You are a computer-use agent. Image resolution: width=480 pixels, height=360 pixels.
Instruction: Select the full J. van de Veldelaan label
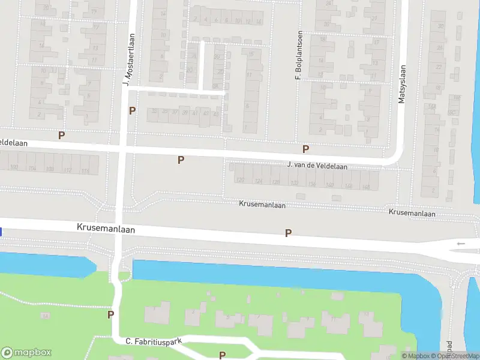(317, 165)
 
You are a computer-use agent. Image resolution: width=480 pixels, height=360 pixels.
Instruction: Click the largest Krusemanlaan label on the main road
(106, 229)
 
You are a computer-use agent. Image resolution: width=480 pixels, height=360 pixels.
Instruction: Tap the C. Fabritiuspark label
(153, 341)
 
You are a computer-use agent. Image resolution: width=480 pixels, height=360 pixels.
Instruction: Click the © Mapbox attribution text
(415, 356)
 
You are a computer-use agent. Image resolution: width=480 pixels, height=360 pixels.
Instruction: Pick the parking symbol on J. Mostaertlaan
(133, 110)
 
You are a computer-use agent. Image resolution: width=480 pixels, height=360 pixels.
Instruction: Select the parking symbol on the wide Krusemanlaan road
(289, 233)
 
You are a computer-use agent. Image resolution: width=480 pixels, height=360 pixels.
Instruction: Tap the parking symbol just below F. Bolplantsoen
(306, 149)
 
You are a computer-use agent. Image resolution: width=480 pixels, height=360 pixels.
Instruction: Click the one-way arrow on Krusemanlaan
(461, 244)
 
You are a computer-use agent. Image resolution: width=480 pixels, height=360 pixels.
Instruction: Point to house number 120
(241, 180)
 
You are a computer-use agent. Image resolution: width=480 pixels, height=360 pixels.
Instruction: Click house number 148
(366, 185)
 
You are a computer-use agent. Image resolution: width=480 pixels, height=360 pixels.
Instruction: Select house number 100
(14, 167)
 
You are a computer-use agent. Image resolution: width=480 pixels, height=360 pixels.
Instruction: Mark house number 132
(294, 182)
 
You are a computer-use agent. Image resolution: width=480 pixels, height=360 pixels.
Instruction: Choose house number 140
(329, 184)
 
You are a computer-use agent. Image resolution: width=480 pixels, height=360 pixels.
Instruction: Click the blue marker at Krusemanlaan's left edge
(1, 232)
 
